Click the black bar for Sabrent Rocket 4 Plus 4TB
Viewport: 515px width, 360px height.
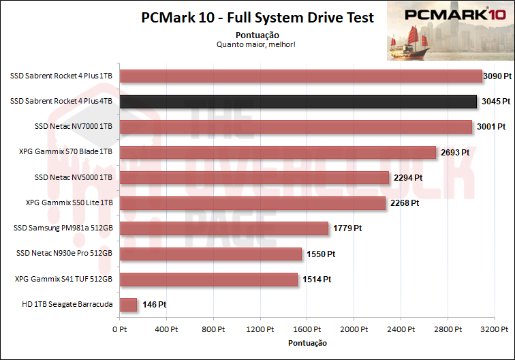coord(298,102)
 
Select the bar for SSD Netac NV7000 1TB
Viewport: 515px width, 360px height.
coord(296,127)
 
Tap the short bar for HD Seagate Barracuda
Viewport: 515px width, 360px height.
coord(128,305)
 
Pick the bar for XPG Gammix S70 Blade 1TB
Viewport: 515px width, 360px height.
coord(278,152)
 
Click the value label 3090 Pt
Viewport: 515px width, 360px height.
coord(496,76)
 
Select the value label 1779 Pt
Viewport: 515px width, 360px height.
coord(347,228)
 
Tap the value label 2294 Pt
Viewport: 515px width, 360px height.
coord(407,177)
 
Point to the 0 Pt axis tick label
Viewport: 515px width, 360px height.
coord(120,329)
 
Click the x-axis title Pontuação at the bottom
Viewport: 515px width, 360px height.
coord(307,342)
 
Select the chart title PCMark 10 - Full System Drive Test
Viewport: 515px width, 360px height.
coord(257,18)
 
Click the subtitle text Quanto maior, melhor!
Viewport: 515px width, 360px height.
coord(256,44)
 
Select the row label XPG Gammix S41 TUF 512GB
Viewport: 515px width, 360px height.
coord(63,279)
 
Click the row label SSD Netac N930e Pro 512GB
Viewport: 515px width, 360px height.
coord(63,254)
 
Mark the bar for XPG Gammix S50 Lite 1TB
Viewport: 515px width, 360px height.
coord(253,203)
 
